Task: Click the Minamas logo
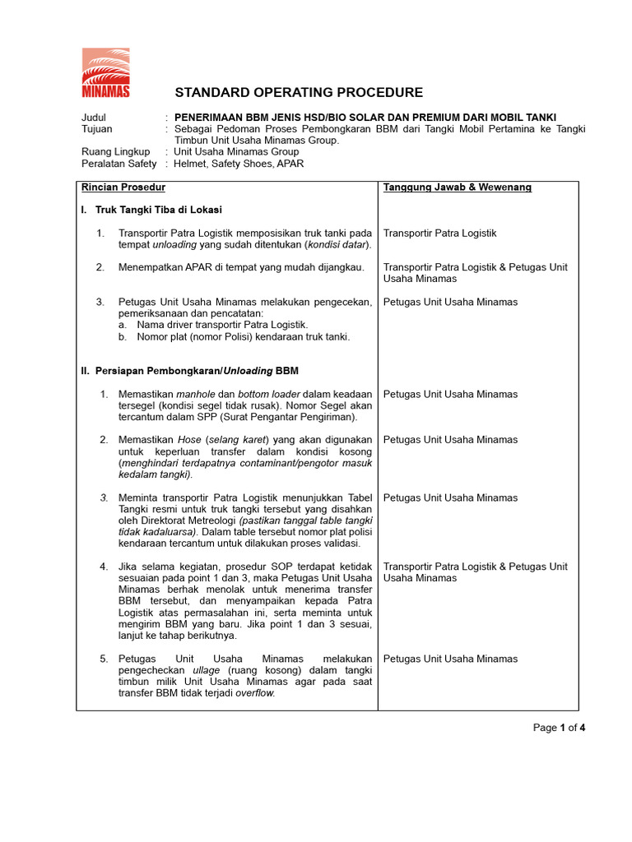[x=105, y=73]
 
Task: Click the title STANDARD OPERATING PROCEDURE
[x=300, y=93]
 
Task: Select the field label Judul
[x=95, y=118]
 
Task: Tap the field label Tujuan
[x=97, y=129]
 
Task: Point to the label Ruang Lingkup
[x=115, y=152]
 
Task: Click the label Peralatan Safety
[x=118, y=164]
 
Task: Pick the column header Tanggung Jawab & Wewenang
[x=457, y=187]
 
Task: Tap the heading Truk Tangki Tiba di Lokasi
[x=158, y=210]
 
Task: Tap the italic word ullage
[x=206, y=670]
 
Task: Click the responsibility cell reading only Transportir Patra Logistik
[x=439, y=234]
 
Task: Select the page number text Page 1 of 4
[x=559, y=728]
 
